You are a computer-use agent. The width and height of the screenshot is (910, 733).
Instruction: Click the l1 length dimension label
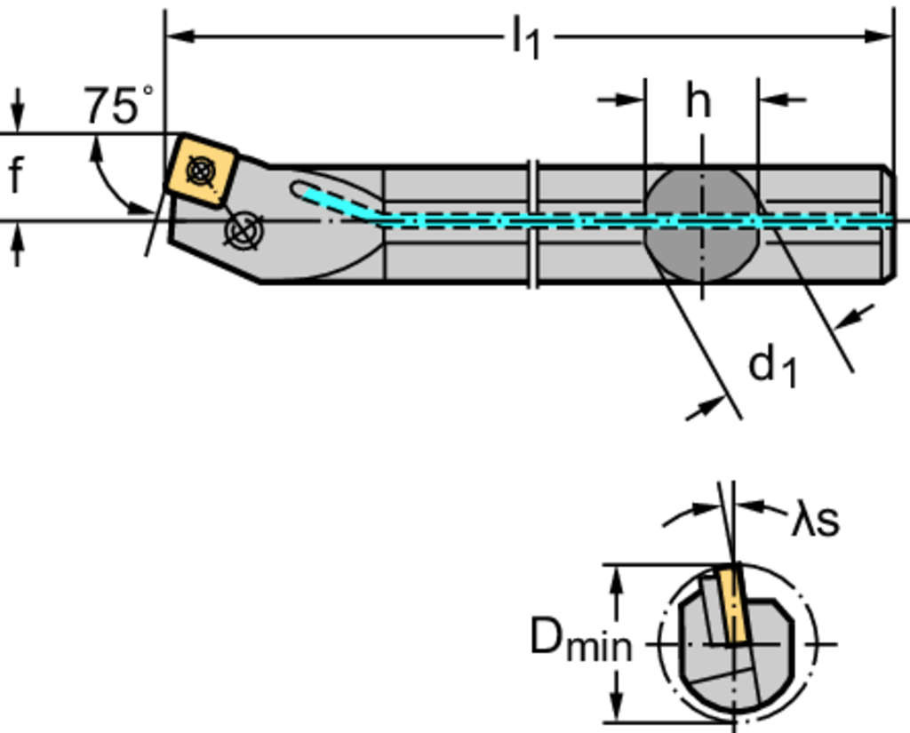(x=526, y=41)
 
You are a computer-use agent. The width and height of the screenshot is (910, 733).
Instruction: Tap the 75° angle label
(x=117, y=105)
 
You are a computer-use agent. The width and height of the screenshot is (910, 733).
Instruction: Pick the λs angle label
(x=815, y=521)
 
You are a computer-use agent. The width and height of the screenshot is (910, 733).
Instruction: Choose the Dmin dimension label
(x=580, y=641)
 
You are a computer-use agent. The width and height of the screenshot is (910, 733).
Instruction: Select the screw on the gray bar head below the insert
(x=243, y=229)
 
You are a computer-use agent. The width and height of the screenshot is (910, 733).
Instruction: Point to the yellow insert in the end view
(x=733, y=605)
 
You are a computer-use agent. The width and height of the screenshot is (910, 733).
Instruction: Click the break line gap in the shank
(x=533, y=224)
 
